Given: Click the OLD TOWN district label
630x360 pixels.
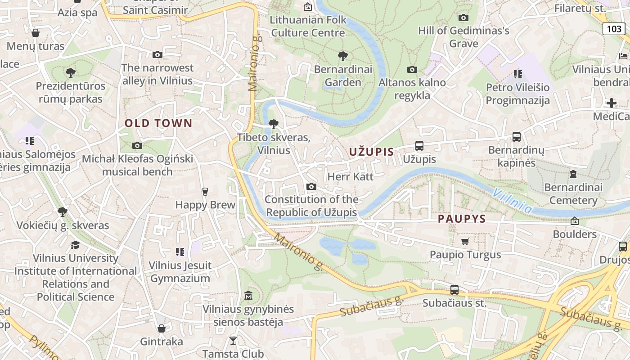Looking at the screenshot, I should coord(158,123).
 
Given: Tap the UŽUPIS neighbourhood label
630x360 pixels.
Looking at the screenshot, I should coord(371,152).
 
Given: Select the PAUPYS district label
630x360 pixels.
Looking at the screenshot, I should coord(462,219).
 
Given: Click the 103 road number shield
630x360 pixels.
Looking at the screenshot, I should coord(614,29).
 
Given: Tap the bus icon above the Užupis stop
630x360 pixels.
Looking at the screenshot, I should coord(419,146).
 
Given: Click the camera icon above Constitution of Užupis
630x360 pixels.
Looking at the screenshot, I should coord(311,187).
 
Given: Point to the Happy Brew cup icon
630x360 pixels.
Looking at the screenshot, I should coord(205,192).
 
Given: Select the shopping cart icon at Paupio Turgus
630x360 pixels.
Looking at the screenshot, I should coord(465,242).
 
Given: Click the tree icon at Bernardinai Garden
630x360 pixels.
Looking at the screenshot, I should coord(343,56).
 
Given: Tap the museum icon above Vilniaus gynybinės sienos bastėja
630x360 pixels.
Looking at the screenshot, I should coord(248,296).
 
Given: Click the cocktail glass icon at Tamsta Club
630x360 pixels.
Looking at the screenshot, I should coord(233,340).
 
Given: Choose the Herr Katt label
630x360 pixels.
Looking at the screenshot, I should coord(351,176).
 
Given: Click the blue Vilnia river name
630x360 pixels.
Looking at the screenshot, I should coord(512,201).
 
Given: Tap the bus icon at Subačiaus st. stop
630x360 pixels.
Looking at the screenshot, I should coord(454,290).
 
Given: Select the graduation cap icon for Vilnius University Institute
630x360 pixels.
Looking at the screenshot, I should coord(75,245).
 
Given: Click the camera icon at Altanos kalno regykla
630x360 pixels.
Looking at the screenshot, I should coord(412,70).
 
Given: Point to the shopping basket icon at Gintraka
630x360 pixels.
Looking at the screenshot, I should coord(162,328).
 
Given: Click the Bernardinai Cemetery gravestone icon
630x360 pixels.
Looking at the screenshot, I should coord(573,174).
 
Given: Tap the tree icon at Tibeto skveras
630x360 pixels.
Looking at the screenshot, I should coord(273,124).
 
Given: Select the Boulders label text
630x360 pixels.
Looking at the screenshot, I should coord(575,234).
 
